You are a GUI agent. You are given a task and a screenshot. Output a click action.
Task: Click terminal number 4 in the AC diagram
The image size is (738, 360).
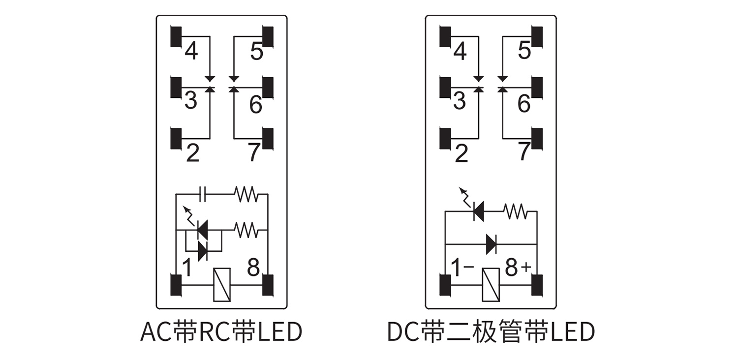click(x=191, y=51)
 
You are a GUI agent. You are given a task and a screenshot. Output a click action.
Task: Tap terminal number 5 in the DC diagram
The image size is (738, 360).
click(x=524, y=51)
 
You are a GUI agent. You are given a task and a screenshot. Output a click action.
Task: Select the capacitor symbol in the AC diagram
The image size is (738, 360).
click(x=202, y=194)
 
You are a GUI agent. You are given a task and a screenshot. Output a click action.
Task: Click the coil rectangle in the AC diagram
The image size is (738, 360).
click(x=222, y=285)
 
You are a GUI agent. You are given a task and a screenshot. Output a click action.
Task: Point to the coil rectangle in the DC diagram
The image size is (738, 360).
click(x=491, y=285)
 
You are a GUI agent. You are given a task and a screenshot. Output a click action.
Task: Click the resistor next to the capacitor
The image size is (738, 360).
click(x=246, y=194)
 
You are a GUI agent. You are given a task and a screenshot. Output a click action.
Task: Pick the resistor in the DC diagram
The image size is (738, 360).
click(x=515, y=212)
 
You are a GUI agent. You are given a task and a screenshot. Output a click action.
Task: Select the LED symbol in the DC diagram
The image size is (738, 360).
click(x=477, y=211)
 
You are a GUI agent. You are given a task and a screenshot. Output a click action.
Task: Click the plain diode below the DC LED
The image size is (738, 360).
click(x=491, y=244)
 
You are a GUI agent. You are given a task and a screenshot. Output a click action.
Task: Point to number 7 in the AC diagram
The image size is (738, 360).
click(x=253, y=152)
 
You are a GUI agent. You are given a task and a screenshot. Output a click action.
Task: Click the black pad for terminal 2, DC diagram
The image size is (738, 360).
click(x=445, y=138)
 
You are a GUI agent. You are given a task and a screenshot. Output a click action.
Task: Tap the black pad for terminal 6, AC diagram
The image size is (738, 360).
click(x=268, y=88)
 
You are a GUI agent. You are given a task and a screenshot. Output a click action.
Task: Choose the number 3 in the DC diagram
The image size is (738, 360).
click(x=459, y=101)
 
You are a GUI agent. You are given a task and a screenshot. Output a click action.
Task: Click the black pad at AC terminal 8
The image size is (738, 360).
click(x=268, y=285)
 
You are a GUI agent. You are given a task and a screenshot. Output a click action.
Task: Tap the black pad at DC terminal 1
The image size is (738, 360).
click(x=445, y=285)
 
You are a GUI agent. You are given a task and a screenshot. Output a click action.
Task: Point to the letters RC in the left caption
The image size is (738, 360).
click(x=215, y=332)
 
